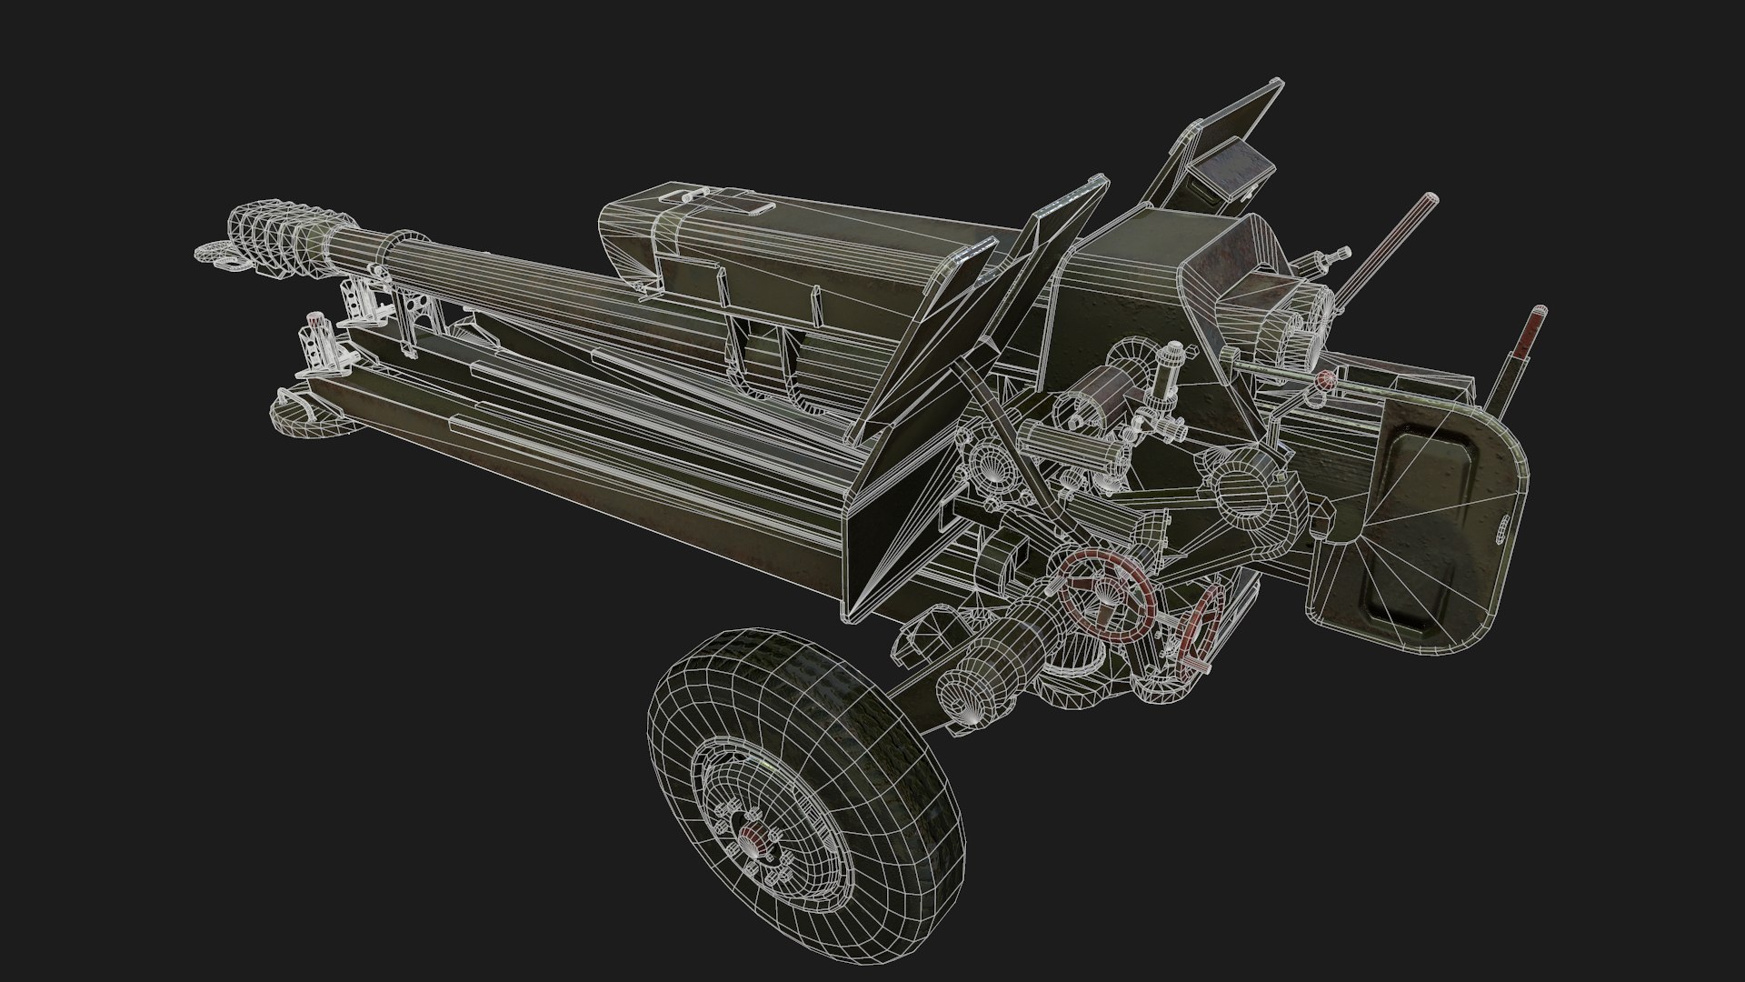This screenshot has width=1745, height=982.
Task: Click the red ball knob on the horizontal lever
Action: (1326, 377)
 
